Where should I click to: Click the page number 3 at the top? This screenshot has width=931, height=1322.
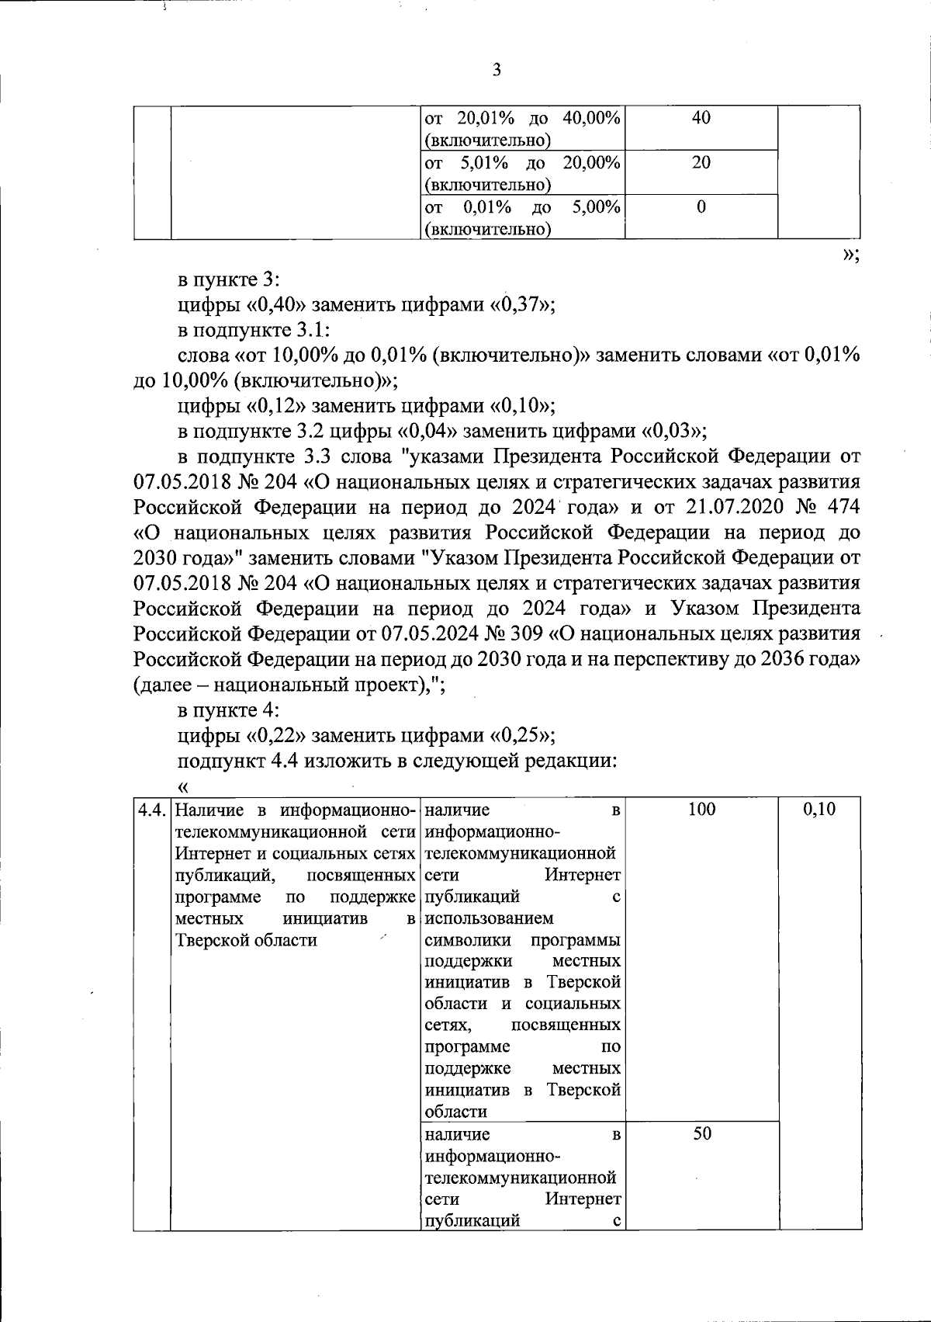tap(497, 71)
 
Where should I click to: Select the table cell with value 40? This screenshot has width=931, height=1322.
tap(701, 119)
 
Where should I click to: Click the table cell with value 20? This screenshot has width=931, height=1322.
tap(701, 163)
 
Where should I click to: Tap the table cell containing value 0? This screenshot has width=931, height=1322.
tap(701, 207)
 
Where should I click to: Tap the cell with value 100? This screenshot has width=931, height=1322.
tap(701, 810)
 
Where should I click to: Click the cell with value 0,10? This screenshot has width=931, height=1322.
tap(819, 810)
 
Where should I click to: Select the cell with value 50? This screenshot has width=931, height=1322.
tap(701, 1134)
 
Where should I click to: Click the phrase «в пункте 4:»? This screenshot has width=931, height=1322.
tap(229, 710)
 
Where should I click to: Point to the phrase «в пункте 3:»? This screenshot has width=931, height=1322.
tap(229, 280)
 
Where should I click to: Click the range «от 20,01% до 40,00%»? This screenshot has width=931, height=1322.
tap(524, 119)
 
